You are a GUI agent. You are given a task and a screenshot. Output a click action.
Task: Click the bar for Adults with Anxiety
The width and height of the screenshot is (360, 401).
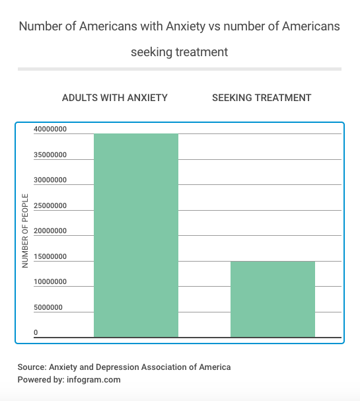(x=136, y=235)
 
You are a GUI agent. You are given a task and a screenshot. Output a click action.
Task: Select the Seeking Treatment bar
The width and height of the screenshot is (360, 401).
(x=273, y=299)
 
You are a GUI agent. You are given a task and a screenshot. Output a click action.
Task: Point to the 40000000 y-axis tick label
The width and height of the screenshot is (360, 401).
(x=50, y=129)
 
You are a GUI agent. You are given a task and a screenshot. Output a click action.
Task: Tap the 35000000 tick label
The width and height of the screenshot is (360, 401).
(x=50, y=155)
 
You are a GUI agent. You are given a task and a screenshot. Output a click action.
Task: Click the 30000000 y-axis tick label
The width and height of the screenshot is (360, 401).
(x=50, y=180)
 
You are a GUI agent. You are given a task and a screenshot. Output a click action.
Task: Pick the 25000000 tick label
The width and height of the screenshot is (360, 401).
(x=50, y=205)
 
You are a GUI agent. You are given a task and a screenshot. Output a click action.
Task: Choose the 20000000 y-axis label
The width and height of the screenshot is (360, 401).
(x=50, y=231)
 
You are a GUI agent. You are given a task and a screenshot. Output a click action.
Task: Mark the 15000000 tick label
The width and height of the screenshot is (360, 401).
(x=50, y=256)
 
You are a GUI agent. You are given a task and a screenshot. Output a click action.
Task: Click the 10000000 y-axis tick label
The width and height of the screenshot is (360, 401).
(x=50, y=281)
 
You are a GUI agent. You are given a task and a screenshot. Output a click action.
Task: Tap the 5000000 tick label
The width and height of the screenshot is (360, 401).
(x=48, y=307)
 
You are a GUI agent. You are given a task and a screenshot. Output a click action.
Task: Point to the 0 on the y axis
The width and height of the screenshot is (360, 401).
(x=36, y=332)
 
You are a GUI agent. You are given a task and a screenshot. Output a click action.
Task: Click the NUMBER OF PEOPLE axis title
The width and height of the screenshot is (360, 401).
(x=25, y=231)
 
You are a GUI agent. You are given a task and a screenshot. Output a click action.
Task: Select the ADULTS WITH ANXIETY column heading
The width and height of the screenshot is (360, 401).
(x=115, y=98)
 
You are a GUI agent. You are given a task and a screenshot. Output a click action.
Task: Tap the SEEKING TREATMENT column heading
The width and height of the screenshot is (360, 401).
(x=262, y=98)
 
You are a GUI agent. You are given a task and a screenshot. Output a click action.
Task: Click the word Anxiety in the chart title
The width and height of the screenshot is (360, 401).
(x=186, y=26)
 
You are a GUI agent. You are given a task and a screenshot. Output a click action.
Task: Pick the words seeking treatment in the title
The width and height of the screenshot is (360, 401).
(x=179, y=52)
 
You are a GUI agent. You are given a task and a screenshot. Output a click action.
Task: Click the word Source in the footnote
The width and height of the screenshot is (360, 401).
(x=32, y=367)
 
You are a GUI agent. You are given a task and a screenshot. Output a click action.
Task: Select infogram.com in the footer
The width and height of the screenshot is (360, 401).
(x=94, y=380)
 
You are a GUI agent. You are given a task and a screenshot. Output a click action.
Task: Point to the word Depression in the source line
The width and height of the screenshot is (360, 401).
(x=117, y=367)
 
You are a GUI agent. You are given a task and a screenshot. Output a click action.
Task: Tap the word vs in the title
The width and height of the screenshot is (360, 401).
(x=214, y=26)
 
